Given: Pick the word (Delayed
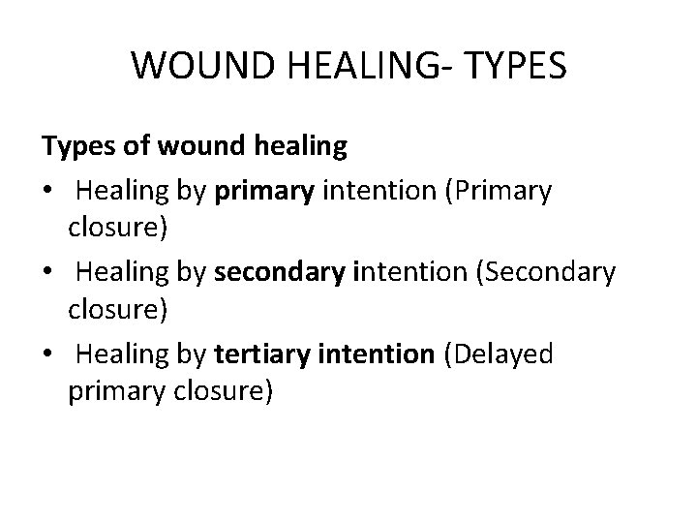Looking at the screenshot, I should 498,355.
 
